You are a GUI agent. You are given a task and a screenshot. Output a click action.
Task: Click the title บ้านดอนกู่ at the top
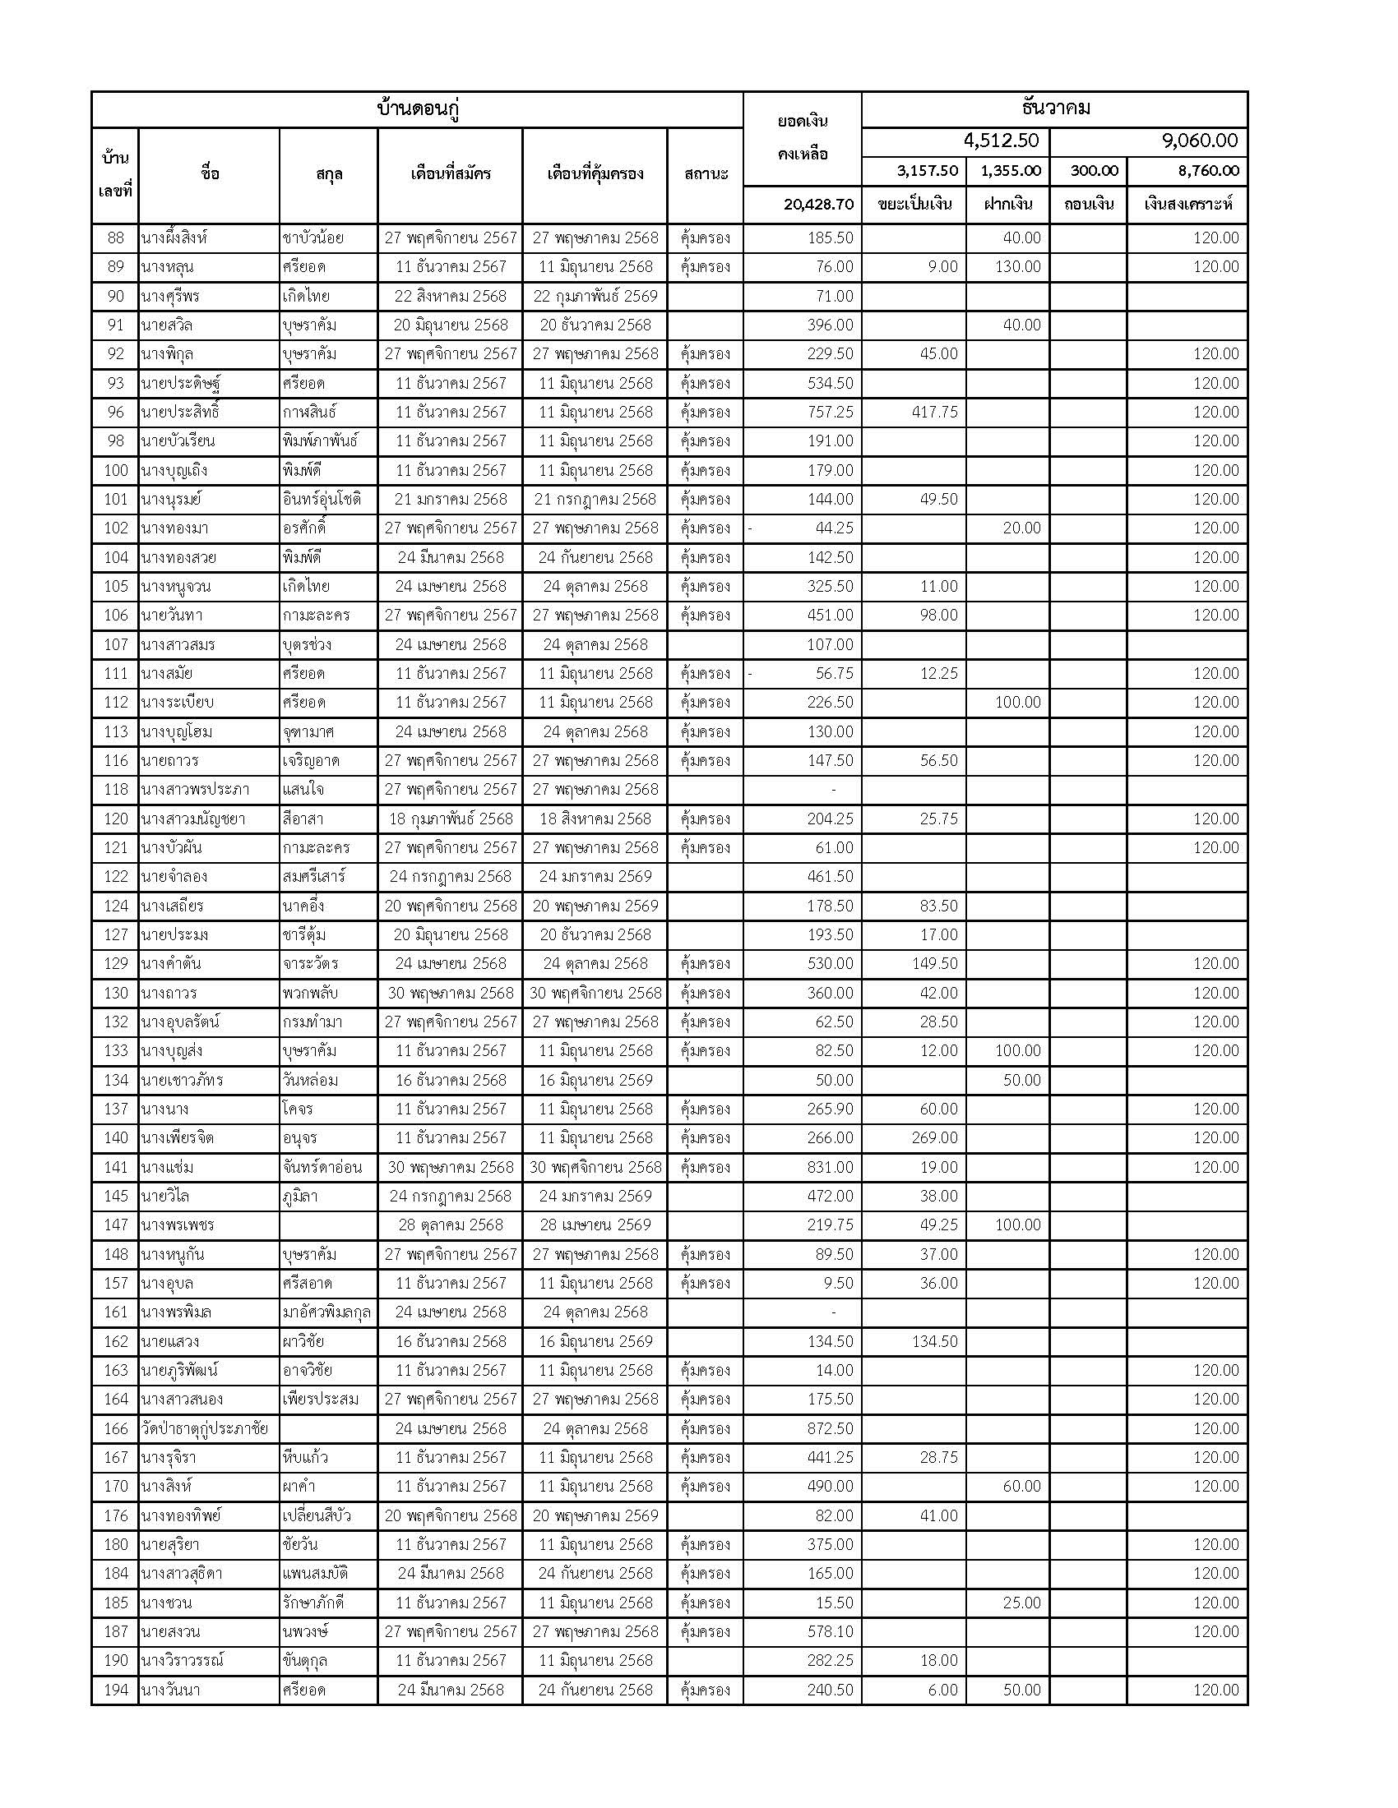tap(418, 109)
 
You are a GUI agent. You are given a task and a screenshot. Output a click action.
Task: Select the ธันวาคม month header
tap(1054, 108)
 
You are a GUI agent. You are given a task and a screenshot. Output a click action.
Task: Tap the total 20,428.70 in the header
tap(818, 205)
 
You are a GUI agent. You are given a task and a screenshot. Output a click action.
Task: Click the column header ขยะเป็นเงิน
tap(914, 205)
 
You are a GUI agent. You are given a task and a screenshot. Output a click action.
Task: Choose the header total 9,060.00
tap(1200, 141)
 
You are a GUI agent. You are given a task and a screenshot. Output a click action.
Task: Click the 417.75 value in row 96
tap(934, 413)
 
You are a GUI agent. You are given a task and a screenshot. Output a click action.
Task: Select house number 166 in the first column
tap(115, 1429)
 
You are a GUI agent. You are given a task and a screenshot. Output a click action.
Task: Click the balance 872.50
tap(830, 1429)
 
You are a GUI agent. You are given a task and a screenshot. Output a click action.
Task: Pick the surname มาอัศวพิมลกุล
tap(326, 1313)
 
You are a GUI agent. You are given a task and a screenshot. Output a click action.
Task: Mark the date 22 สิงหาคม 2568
tap(450, 297)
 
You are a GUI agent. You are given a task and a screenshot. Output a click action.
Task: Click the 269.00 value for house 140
tap(934, 1138)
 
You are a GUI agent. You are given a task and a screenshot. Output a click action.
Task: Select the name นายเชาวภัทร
tap(183, 1081)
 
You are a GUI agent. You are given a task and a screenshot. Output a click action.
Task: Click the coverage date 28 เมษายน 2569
tap(595, 1225)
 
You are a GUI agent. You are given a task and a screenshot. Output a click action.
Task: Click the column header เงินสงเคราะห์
tap(1187, 205)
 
